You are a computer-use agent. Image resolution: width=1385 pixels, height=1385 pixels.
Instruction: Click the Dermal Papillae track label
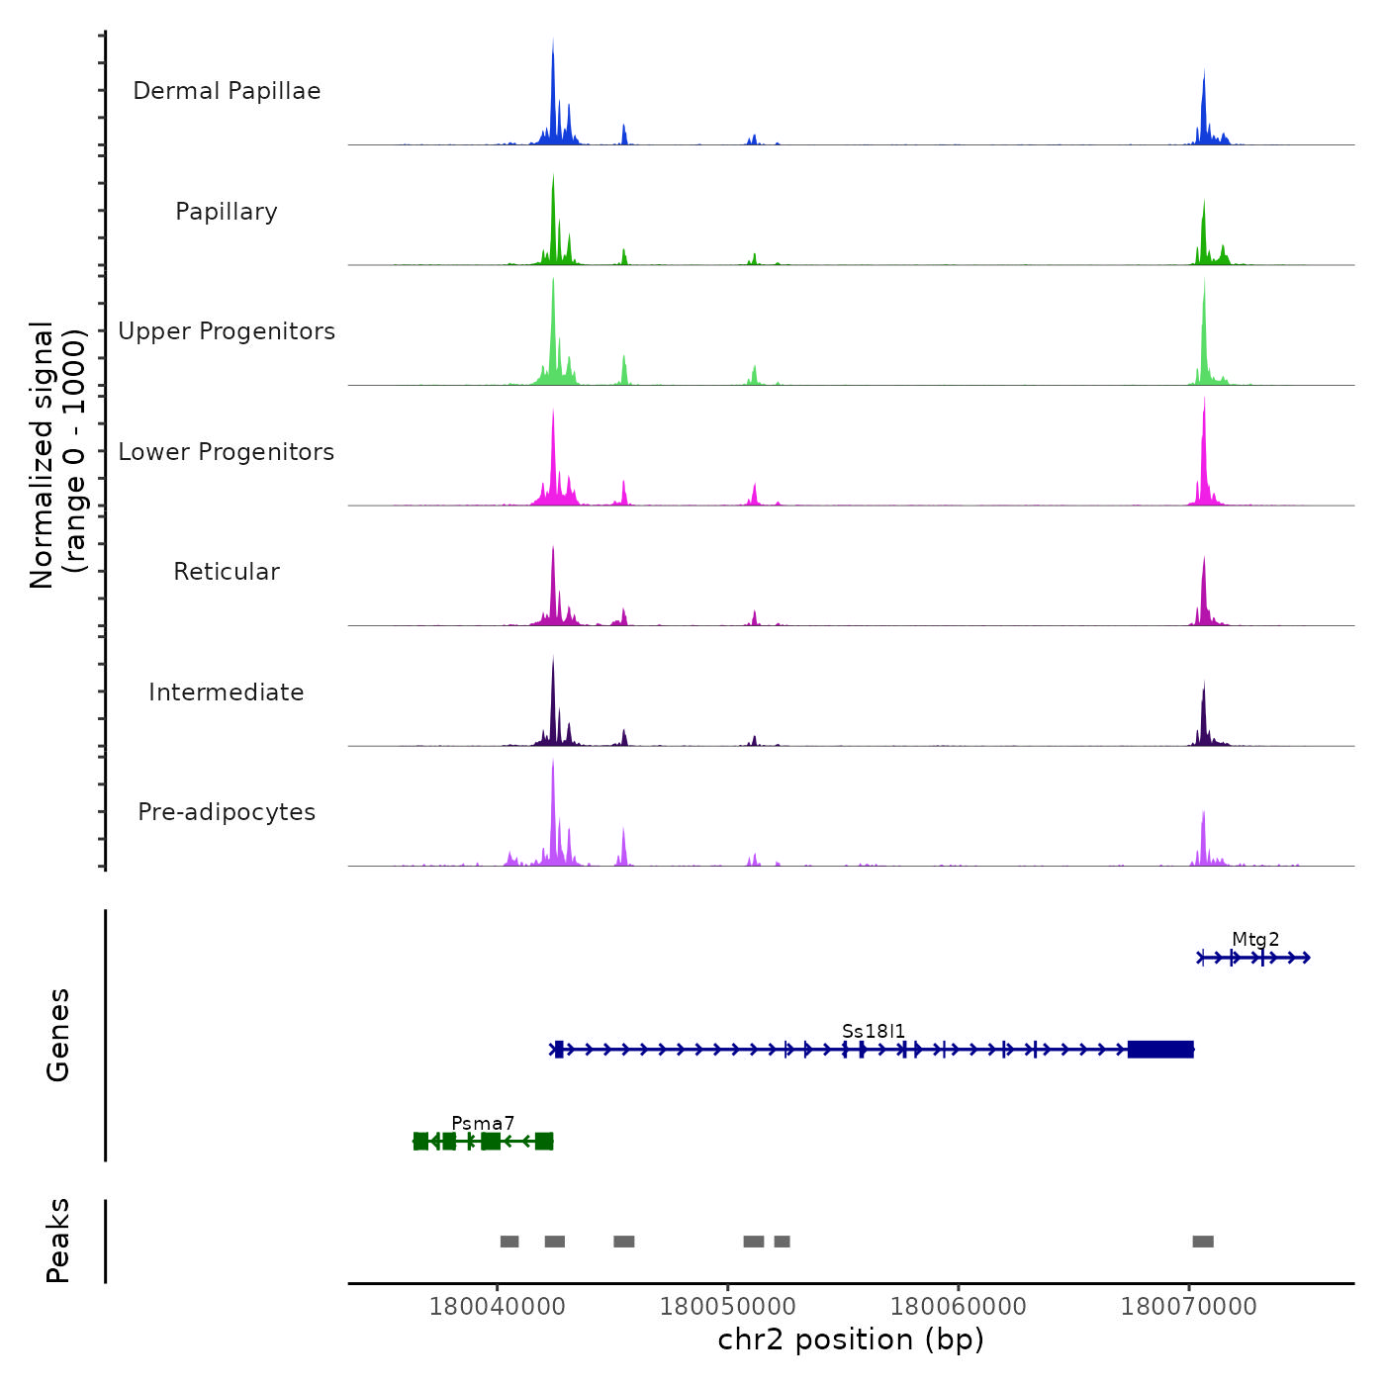pos(227,91)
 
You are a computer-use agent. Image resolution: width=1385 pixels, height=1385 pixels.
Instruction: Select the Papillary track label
pos(227,212)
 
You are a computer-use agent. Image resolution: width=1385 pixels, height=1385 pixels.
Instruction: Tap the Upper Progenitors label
pos(227,331)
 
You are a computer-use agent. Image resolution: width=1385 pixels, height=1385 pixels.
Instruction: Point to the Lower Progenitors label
pos(227,452)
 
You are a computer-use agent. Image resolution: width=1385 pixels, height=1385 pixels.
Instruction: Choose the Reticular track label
pos(227,572)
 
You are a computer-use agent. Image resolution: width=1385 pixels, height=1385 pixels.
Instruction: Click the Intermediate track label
pos(227,692)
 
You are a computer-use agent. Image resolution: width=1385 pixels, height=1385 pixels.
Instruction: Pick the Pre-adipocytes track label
pos(227,812)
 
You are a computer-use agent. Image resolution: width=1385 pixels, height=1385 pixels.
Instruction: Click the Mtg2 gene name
pos(1255,940)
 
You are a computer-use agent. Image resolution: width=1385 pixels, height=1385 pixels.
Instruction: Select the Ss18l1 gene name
pos(874,1031)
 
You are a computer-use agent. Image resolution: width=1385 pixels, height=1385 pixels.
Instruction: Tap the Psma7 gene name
pos(483,1123)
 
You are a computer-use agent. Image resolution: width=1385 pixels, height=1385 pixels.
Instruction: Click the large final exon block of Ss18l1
pos(1160,1050)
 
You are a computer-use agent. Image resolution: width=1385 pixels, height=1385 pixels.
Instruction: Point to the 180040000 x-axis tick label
pos(497,1307)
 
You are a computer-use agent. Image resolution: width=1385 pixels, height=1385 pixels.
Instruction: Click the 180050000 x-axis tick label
pos(727,1307)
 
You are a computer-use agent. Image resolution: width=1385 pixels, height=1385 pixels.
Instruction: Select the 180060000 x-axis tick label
pos(958,1307)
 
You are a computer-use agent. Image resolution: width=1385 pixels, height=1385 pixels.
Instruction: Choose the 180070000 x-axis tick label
pos(1188,1307)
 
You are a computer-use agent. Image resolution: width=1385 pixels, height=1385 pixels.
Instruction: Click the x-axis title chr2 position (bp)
pos(851,1339)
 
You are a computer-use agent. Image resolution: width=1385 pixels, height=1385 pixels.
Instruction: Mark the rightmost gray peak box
pos(1203,1242)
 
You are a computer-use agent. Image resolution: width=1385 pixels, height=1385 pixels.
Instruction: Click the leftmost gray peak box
pos(509,1242)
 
